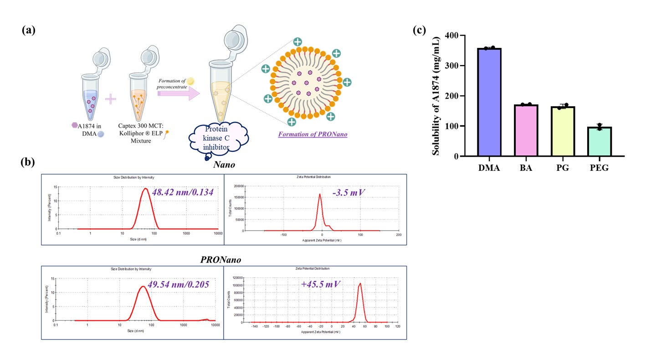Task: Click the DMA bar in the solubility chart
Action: pyautogui.click(x=489, y=102)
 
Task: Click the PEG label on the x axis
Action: pyautogui.click(x=600, y=168)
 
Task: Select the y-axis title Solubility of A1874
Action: pyautogui.click(x=436, y=96)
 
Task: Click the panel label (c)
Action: pyautogui.click(x=419, y=30)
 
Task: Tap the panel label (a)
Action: pyautogui.click(x=28, y=31)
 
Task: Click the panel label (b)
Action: pyautogui.click(x=28, y=163)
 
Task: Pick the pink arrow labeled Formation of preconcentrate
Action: pyautogui.click(x=178, y=93)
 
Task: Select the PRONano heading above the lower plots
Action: pyautogui.click(x=220, y=259)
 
